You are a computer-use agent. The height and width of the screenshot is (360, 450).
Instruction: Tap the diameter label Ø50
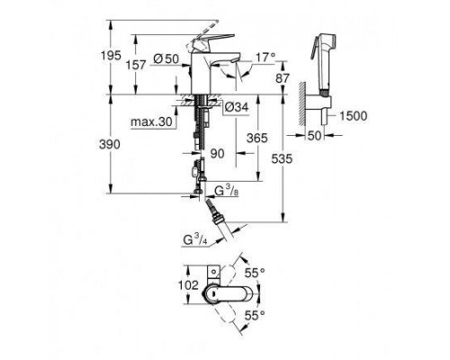[164, 58]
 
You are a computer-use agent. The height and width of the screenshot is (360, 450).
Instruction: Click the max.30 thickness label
[152, 121]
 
